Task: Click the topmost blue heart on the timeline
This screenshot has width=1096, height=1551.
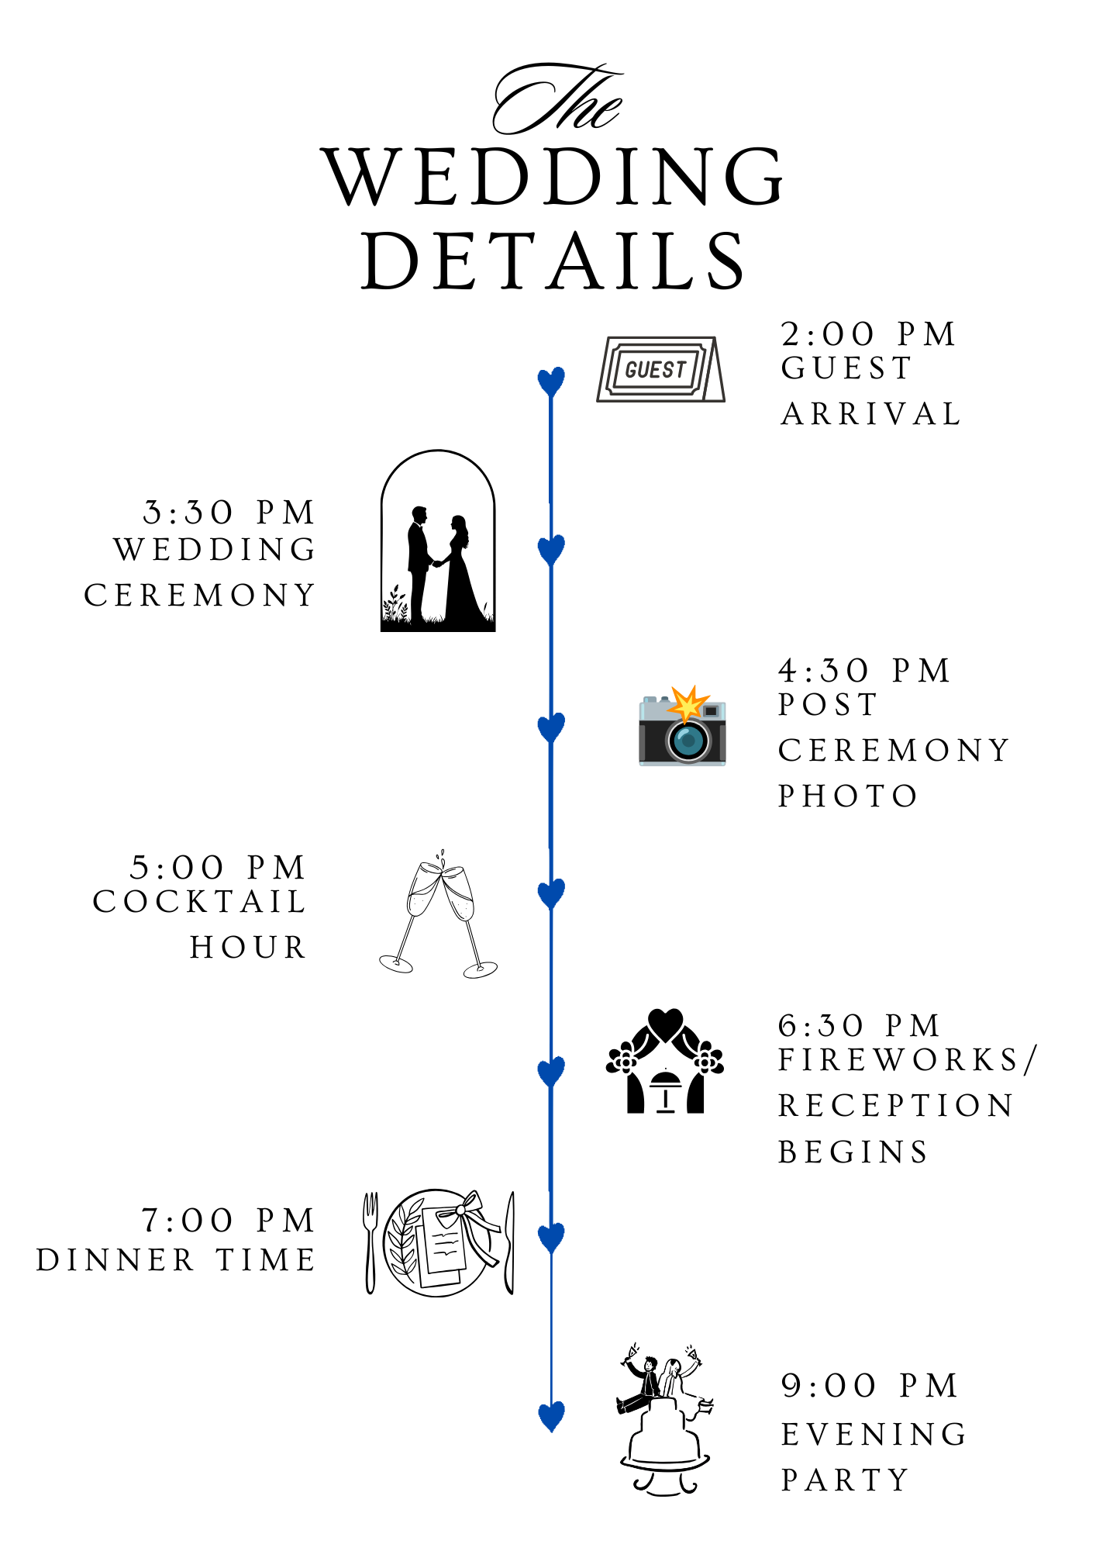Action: pyautogui.click(x=551, y=382)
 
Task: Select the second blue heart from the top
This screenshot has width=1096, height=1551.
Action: pyautogui.click(x=551, y=549)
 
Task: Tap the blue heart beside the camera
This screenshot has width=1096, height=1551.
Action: pyautogui.click(x=551, y=727)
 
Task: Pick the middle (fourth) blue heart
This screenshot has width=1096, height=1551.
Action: pyautogui.click(x=551, y=893)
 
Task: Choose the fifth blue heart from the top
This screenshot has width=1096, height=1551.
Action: pyautogui.click(x=551, y=1071)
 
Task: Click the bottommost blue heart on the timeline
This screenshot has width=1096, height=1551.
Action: pyautogui.click(x=551, y=1415)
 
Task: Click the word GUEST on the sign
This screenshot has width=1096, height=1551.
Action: pyautogui.click(x=656, y=370)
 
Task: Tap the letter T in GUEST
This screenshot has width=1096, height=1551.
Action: pyautogui.click(x=680, y=369)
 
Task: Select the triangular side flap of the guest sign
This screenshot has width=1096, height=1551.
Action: pyautogui.click(x=715, y=380)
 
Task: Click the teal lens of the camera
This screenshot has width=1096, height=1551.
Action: pyautogui.click(x=688, y=741)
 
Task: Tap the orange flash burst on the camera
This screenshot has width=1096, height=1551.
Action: pyautogui.click(x=686, y=704)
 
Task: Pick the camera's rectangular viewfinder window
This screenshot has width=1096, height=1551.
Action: pyautogui.click(x=711, y=711)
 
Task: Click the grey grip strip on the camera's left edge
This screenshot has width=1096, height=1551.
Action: pyautogui.click(x=642, y=743)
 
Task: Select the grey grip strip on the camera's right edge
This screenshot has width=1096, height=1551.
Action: pyautogui.click(x=722, y=743)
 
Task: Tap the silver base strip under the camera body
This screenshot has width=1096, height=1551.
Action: pyautogui.click(x=682, y=764)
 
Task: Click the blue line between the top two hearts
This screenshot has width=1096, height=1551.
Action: pyautogui.click(x=551, y=465)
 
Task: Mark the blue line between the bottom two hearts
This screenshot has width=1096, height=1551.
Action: pyautogui.click(x=551, y=1326)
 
